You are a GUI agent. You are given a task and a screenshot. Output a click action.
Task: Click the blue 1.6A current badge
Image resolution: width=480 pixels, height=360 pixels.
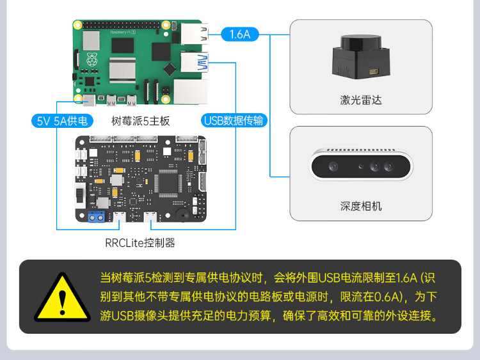tap(240, 35)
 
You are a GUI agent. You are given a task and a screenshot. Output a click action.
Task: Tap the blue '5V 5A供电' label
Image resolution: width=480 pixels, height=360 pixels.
tap(62, 121)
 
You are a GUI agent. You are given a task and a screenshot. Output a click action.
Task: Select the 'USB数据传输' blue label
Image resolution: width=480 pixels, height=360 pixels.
tap(234, 120)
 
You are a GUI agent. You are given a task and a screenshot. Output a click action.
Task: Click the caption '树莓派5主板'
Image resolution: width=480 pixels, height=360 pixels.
tap(141, 121)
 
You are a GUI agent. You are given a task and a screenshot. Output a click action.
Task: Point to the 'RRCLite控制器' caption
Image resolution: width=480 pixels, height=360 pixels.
tap(140, 243)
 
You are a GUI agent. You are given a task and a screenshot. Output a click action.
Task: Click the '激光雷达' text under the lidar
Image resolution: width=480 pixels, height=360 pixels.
tap(361, 100)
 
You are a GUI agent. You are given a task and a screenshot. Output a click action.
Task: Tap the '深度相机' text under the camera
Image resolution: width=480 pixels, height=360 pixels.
tap(361, 206)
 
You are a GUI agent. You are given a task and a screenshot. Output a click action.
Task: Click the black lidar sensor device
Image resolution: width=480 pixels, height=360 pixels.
tap(361, 57)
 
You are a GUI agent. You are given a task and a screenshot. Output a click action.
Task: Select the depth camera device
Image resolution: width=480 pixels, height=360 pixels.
tap(361, 164)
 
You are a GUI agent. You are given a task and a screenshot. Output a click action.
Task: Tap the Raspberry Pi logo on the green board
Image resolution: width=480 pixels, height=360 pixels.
tap(92, 59)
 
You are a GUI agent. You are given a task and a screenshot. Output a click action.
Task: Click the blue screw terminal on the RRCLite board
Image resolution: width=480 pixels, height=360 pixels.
tap(97, 217)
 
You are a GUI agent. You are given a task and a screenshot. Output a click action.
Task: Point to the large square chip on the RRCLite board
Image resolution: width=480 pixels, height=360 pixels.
tap(168, 184)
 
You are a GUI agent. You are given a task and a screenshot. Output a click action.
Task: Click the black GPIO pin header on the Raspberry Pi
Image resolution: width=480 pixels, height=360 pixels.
tap(122, 25)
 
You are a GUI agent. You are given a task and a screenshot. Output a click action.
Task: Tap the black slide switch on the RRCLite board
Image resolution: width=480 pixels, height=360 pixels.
tap(80, 195)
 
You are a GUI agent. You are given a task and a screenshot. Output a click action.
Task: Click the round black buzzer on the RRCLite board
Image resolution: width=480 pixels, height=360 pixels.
tap(184, 215)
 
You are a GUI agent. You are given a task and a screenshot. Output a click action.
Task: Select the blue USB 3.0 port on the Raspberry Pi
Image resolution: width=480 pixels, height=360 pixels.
tap(195, 63)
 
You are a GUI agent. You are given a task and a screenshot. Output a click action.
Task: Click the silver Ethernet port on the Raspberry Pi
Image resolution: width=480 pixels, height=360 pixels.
tap(191, 91)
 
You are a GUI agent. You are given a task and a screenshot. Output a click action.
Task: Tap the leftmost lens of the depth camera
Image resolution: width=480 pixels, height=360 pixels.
tap(333, 166)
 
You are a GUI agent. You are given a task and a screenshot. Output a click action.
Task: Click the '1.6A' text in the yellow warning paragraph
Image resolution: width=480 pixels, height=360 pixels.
tap(406, 278)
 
